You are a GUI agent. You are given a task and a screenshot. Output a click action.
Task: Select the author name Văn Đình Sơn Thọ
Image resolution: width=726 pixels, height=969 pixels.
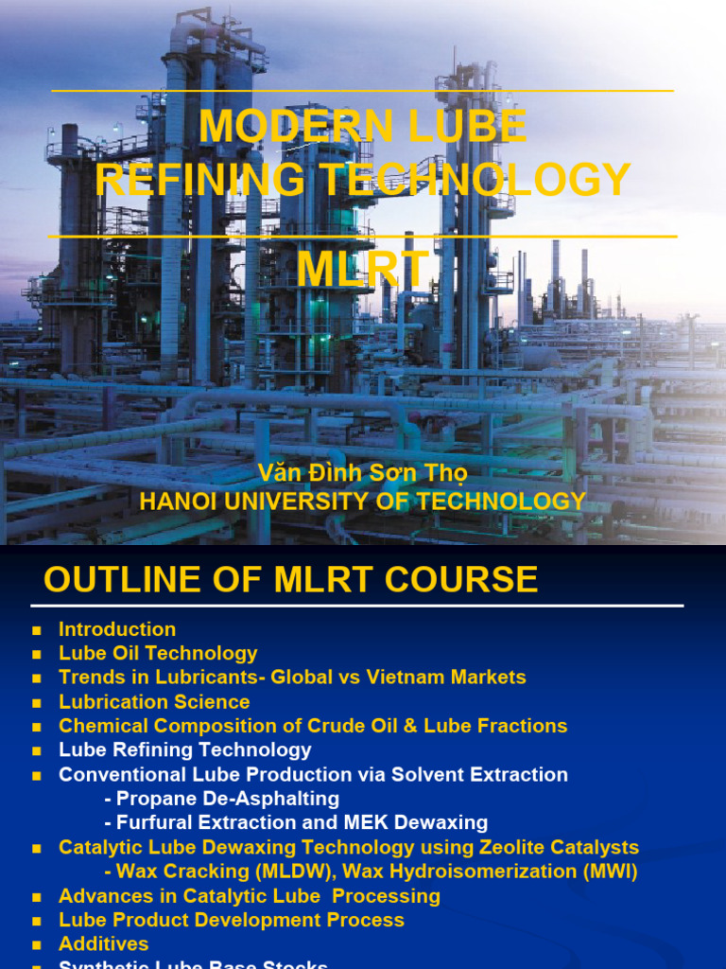[x=363, y=472]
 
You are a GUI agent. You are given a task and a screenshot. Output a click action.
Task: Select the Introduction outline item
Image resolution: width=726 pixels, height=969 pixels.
[x=117, y=629]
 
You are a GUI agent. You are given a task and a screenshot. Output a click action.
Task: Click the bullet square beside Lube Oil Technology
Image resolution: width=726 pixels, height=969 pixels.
[x=37, y=654]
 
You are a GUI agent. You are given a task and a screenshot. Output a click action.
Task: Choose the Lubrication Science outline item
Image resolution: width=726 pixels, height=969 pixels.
[x=154, y=702]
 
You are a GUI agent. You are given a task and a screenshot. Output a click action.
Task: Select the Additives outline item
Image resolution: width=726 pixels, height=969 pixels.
[x=104, y=943]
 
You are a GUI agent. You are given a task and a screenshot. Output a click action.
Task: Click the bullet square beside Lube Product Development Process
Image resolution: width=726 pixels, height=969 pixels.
[x=37, y=921]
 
